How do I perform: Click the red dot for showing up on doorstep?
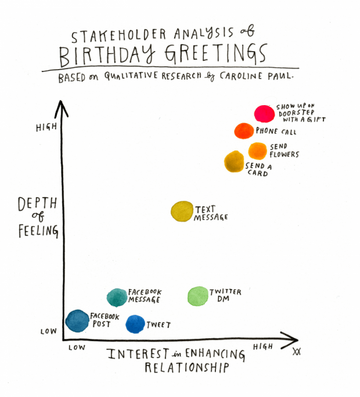click(264, 114)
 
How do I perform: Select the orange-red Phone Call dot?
click(244, 131)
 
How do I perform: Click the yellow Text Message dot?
click(182, 212)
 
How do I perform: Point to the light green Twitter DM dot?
click(198, 296)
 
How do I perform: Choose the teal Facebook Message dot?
click(117, 297)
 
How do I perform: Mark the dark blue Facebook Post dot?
click(77, 320)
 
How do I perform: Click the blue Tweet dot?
click(135, 324)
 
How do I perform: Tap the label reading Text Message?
click(211, 213)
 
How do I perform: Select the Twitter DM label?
click(225, 295)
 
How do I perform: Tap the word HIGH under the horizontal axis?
click(263, 346)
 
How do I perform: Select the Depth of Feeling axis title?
click(38, 217)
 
